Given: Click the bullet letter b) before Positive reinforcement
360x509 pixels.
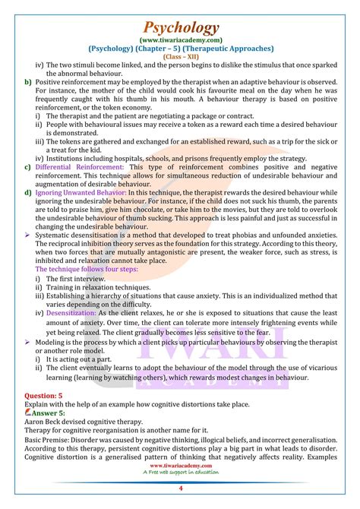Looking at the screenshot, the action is point(27,81).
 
